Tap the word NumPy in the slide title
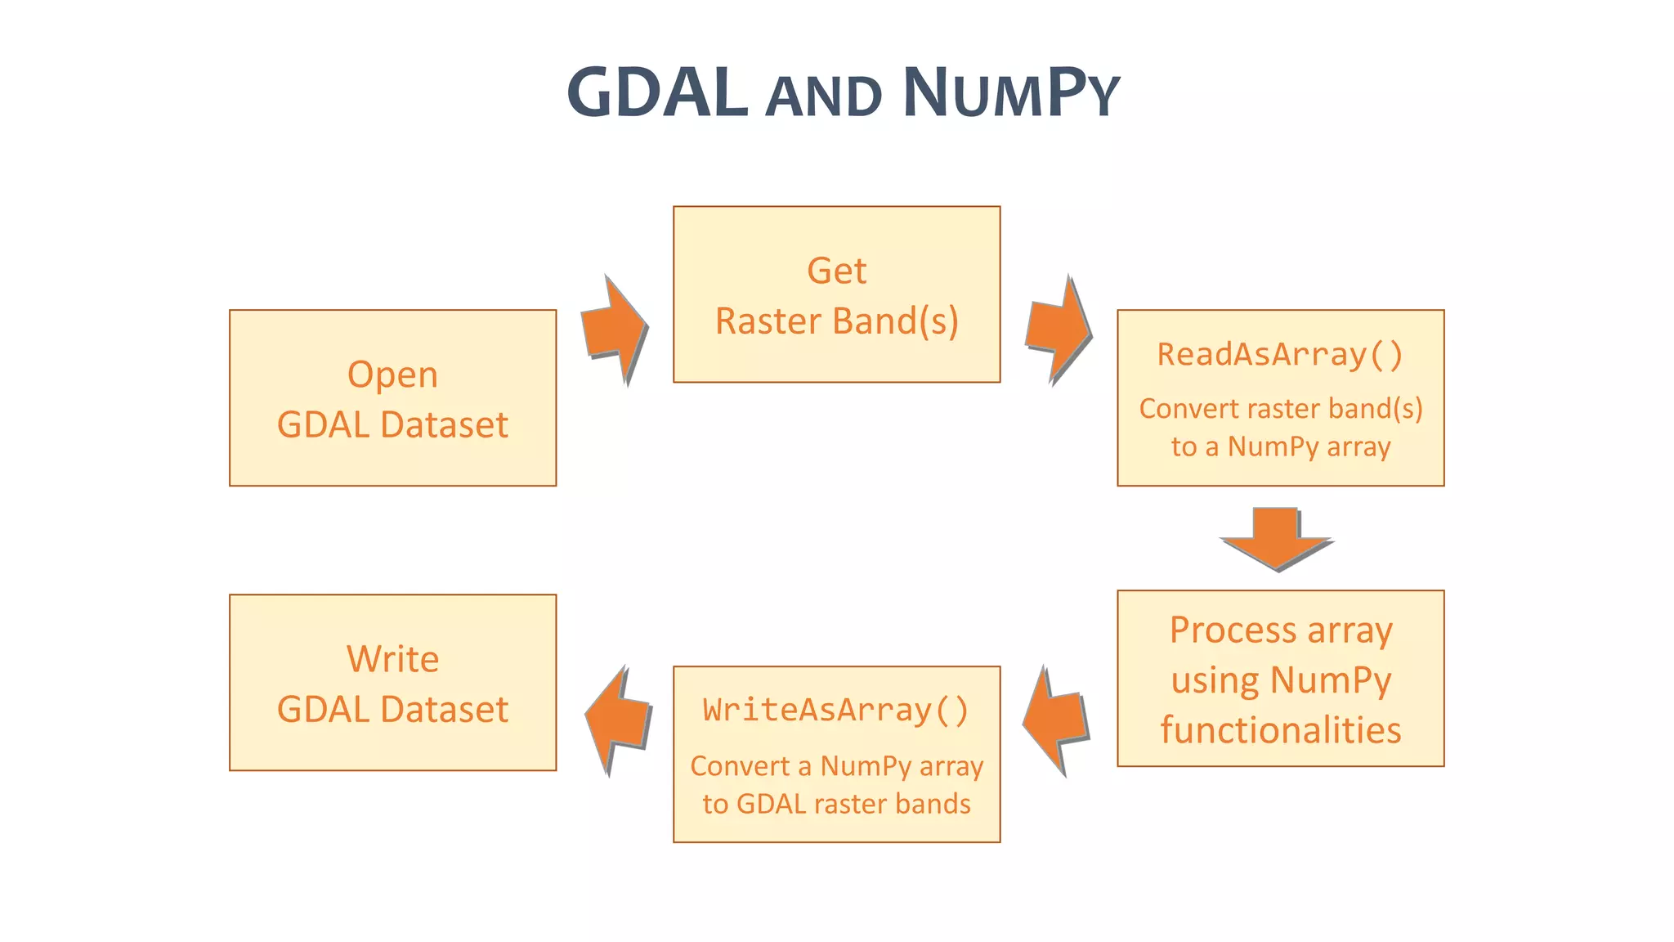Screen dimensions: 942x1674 (1010, 92)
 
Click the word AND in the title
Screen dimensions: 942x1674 (824, 96)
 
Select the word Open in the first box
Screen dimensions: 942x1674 (392, 375)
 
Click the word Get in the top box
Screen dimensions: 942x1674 (836, 271)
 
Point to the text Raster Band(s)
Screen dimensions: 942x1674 (836, 321)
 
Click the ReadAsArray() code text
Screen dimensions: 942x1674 (1280, 355)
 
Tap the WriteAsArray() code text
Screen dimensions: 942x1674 (836, 710)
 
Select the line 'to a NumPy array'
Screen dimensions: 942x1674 (1280, 447)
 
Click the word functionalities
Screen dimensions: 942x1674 (1280, 730)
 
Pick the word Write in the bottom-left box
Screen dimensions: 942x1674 (392, 659)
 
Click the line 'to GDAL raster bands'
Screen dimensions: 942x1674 (836, 804)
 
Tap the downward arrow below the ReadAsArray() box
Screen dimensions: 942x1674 (1276, 538)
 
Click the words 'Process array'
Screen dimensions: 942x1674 (1280, 630)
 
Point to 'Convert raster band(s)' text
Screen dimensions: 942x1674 (1280, 409)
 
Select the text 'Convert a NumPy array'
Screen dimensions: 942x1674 (836, 766)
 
